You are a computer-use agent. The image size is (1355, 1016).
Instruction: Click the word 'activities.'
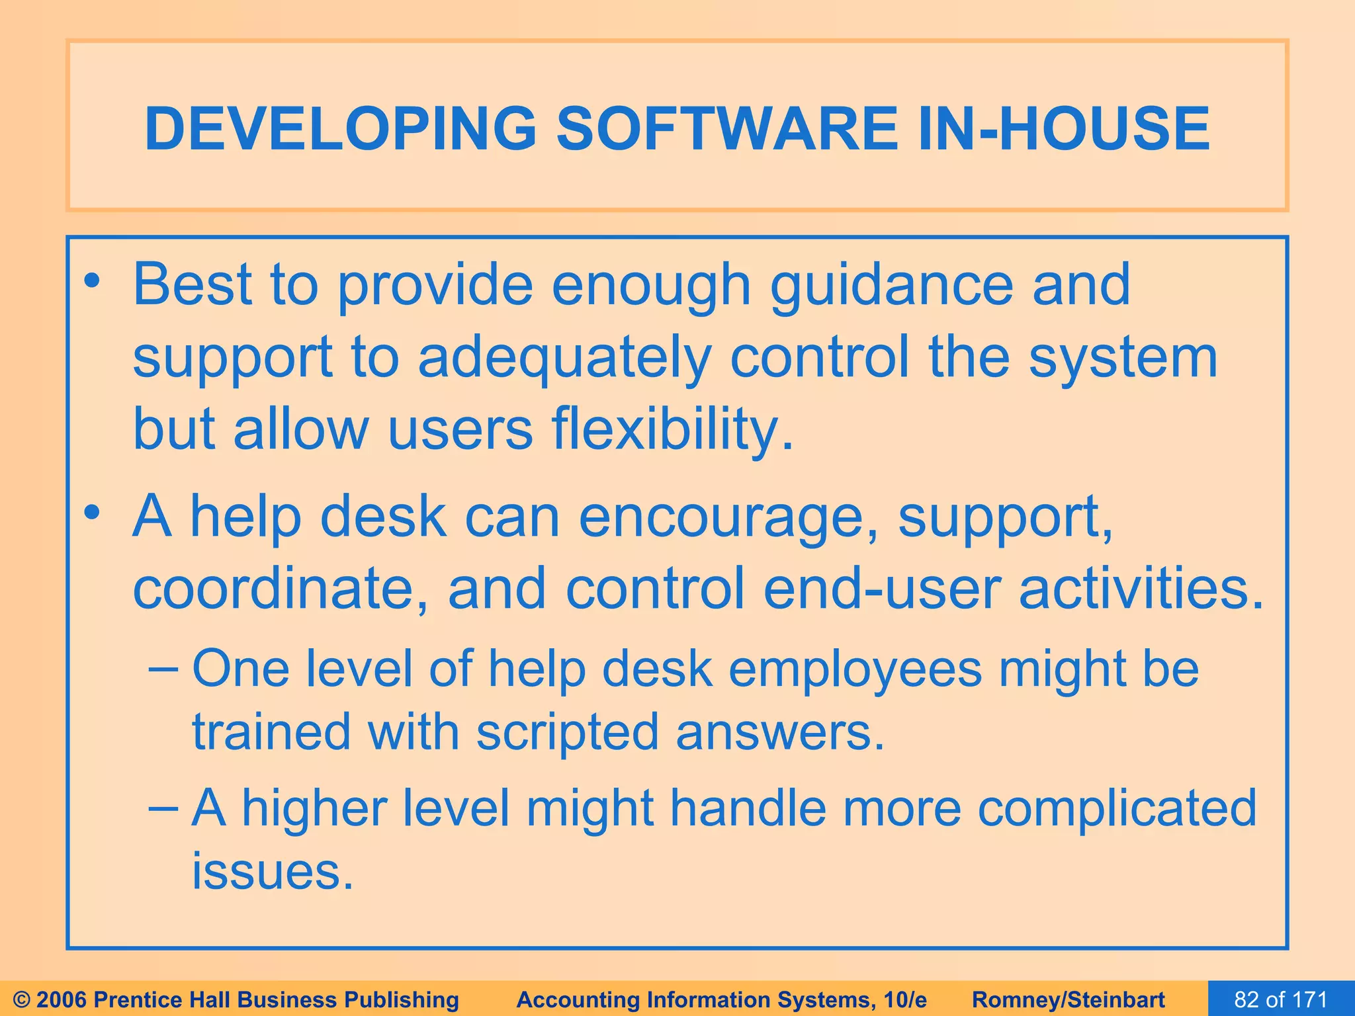pyautogui.click(x=1140, y=589)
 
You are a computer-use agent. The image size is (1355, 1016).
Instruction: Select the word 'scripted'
pyautogui.click(x=567, y=732)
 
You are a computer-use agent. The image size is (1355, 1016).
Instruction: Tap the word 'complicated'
pyautogui.click(x=1116, y=808)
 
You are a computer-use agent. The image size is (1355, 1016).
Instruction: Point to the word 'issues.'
pyautogui.click(x=273, y=871)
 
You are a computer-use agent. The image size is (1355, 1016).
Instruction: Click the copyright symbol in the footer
pyautogui.click(x=22, y=999)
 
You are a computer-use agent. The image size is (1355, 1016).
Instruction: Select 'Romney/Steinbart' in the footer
pyautogui.click(x=1069, y=999)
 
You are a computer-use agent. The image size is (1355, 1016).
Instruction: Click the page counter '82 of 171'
pyautogui.click(x=1281, y=999)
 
